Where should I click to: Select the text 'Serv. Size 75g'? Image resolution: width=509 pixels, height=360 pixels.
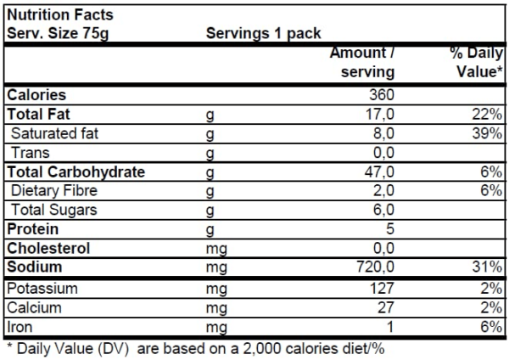click(58, 34)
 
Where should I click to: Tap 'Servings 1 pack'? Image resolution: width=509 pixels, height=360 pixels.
click(264, 34)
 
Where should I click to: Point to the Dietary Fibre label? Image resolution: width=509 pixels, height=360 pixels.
click(50, 191)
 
